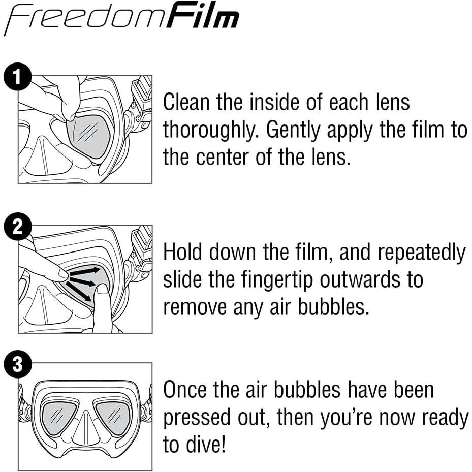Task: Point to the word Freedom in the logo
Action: [84, 20]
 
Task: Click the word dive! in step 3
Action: [205, 445]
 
